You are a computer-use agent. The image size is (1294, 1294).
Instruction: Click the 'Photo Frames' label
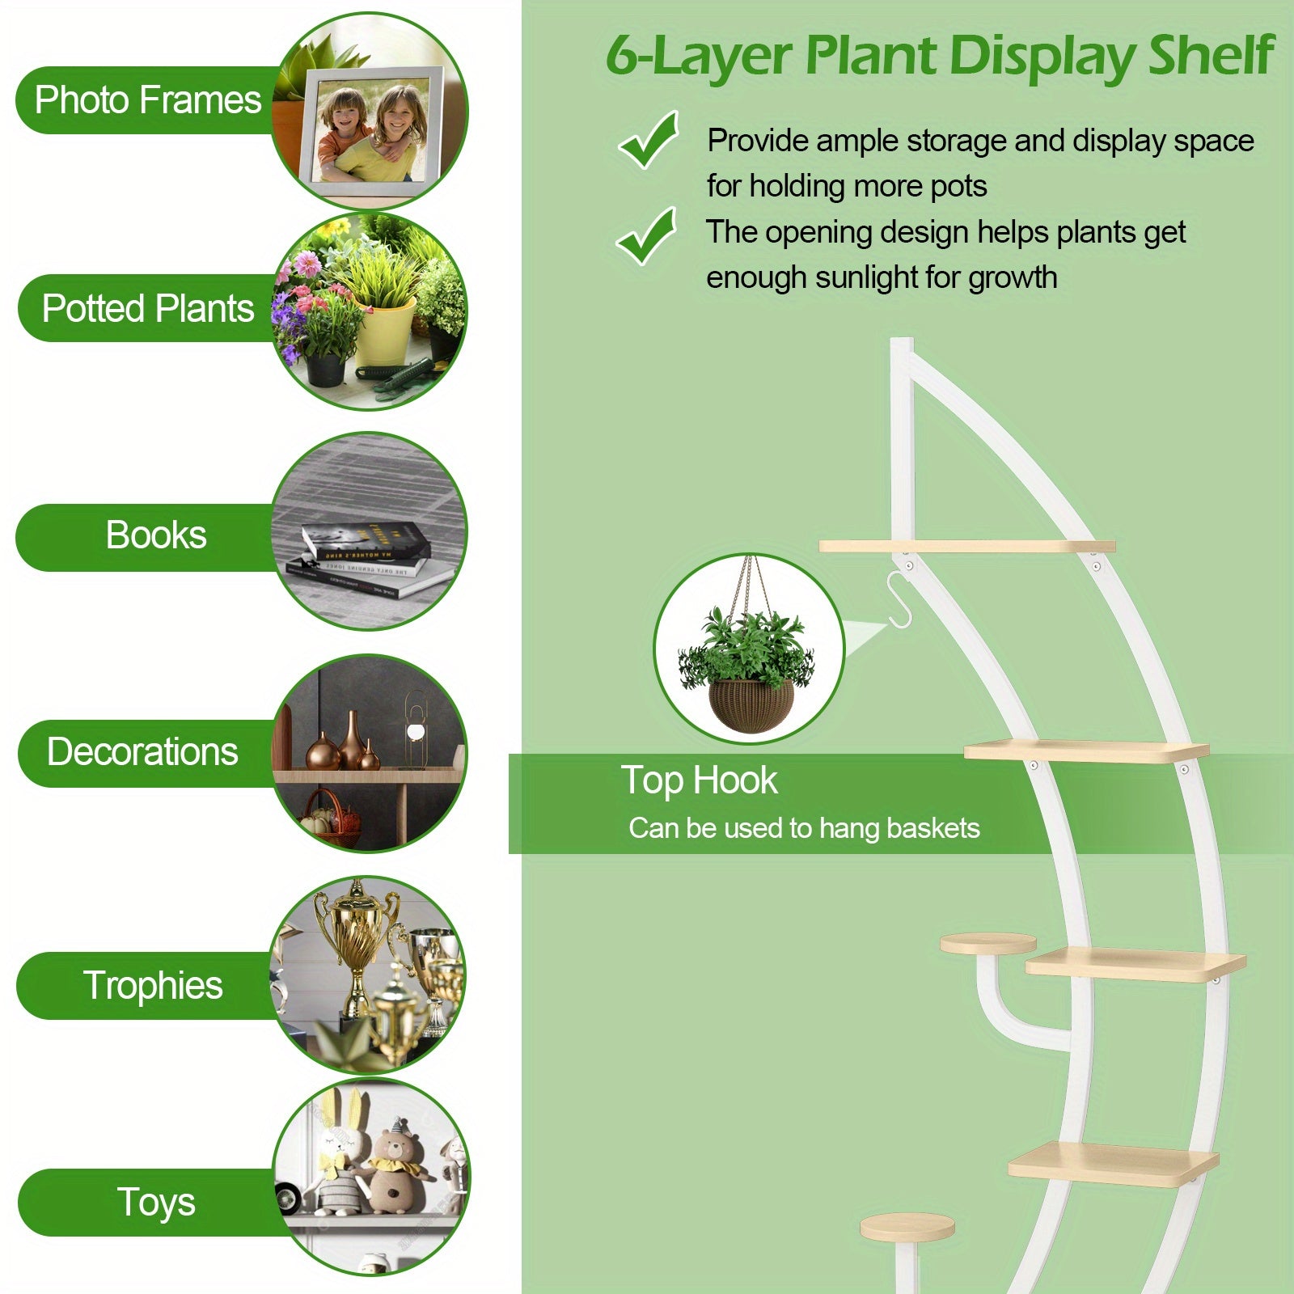[148, 100]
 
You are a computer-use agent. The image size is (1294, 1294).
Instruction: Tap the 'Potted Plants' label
[148, 308]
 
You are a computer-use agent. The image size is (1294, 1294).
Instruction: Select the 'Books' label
[156, 535]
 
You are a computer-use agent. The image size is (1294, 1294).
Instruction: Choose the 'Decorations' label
[142, 751]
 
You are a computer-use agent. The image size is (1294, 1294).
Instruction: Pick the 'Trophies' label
[153, 985]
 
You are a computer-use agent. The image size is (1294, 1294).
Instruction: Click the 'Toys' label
[156, 1202]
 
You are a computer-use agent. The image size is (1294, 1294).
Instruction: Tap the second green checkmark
[646, 235]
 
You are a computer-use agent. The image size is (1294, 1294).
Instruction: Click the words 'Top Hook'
[699, 780]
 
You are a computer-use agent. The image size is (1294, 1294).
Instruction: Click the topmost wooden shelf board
[967, 547]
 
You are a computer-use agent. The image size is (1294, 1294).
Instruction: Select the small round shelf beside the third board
[987, 943]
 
